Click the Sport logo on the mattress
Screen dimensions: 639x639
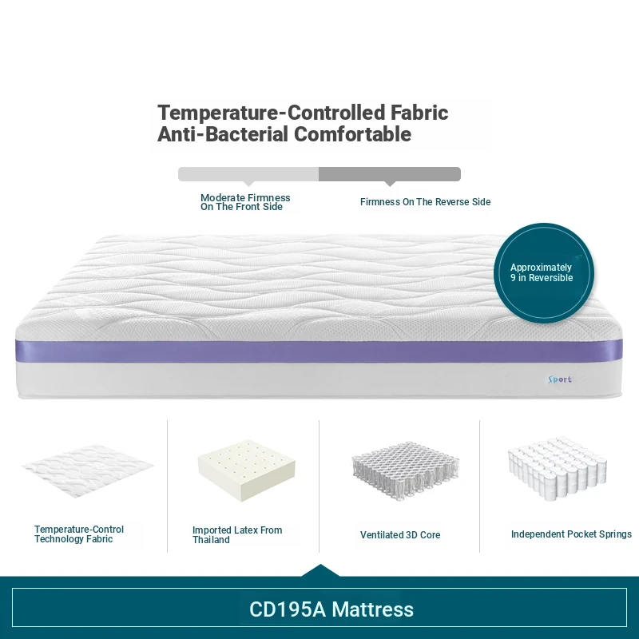pyautogui.click(x=560, y=379)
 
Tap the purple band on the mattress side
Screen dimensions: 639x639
pyautogui.click(x=319, y=351)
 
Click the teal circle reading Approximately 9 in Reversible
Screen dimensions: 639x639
pyautogui.click(x=544, y=273)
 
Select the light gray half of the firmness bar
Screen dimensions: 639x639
pyautogui.click(x=248, y=174)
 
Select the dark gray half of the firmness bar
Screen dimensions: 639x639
pyautogui.click(x=390, y=174)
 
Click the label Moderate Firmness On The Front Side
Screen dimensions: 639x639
pyautogui.click(x=245, y=202)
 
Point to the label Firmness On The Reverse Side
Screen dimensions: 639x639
pyautogui.click(x=425, y=202)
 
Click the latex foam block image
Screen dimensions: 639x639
pyautogui.click(x=246, y=470)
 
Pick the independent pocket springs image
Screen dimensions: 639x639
pyautogui.click(x=558, y=469)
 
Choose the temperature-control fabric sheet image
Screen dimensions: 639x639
pyautogui.click(x=87, y=470)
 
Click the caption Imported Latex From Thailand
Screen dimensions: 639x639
pyautogui.click(x=237, y=534)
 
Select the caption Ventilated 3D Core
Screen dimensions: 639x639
pyautogui.click(x=400, y=534)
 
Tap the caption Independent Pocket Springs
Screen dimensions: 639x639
pyautogui.click(x=571, y=534)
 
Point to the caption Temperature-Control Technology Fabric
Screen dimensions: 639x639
pyautogui.click(x=79, y=534)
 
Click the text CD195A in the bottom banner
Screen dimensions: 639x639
pyautogui.click(x=288, y=609)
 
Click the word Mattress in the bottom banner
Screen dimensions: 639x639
pyautogui.click(x=373, y=609)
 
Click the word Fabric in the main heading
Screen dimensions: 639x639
pyautogui.click(x=419, y=113)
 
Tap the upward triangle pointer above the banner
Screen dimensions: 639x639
pyautogui.click(x=320, y=570)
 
